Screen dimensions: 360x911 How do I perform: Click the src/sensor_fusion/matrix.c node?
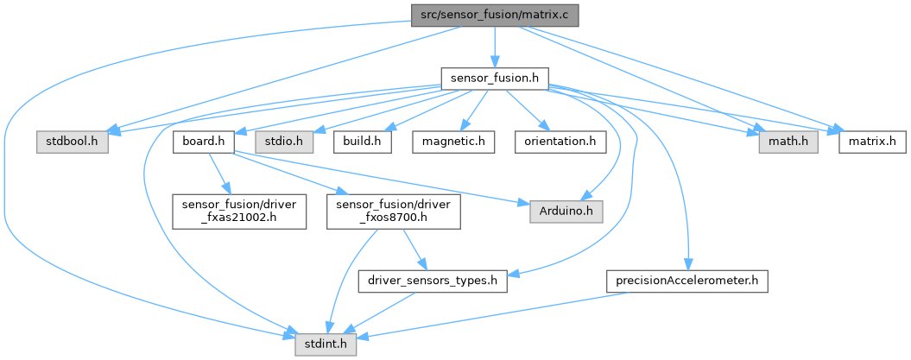[x=494, y=16]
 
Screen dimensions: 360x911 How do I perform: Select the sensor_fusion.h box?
[x=494, y=79]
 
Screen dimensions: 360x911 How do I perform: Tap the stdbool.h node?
[x=73, y=140]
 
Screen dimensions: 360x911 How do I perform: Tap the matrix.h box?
[x=870, y=140]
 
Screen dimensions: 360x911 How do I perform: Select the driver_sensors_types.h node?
[x=433, y=281]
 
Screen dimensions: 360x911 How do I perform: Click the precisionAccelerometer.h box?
[x=687, y=281]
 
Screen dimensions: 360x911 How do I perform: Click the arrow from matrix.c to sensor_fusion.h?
[x=494, y=47]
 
